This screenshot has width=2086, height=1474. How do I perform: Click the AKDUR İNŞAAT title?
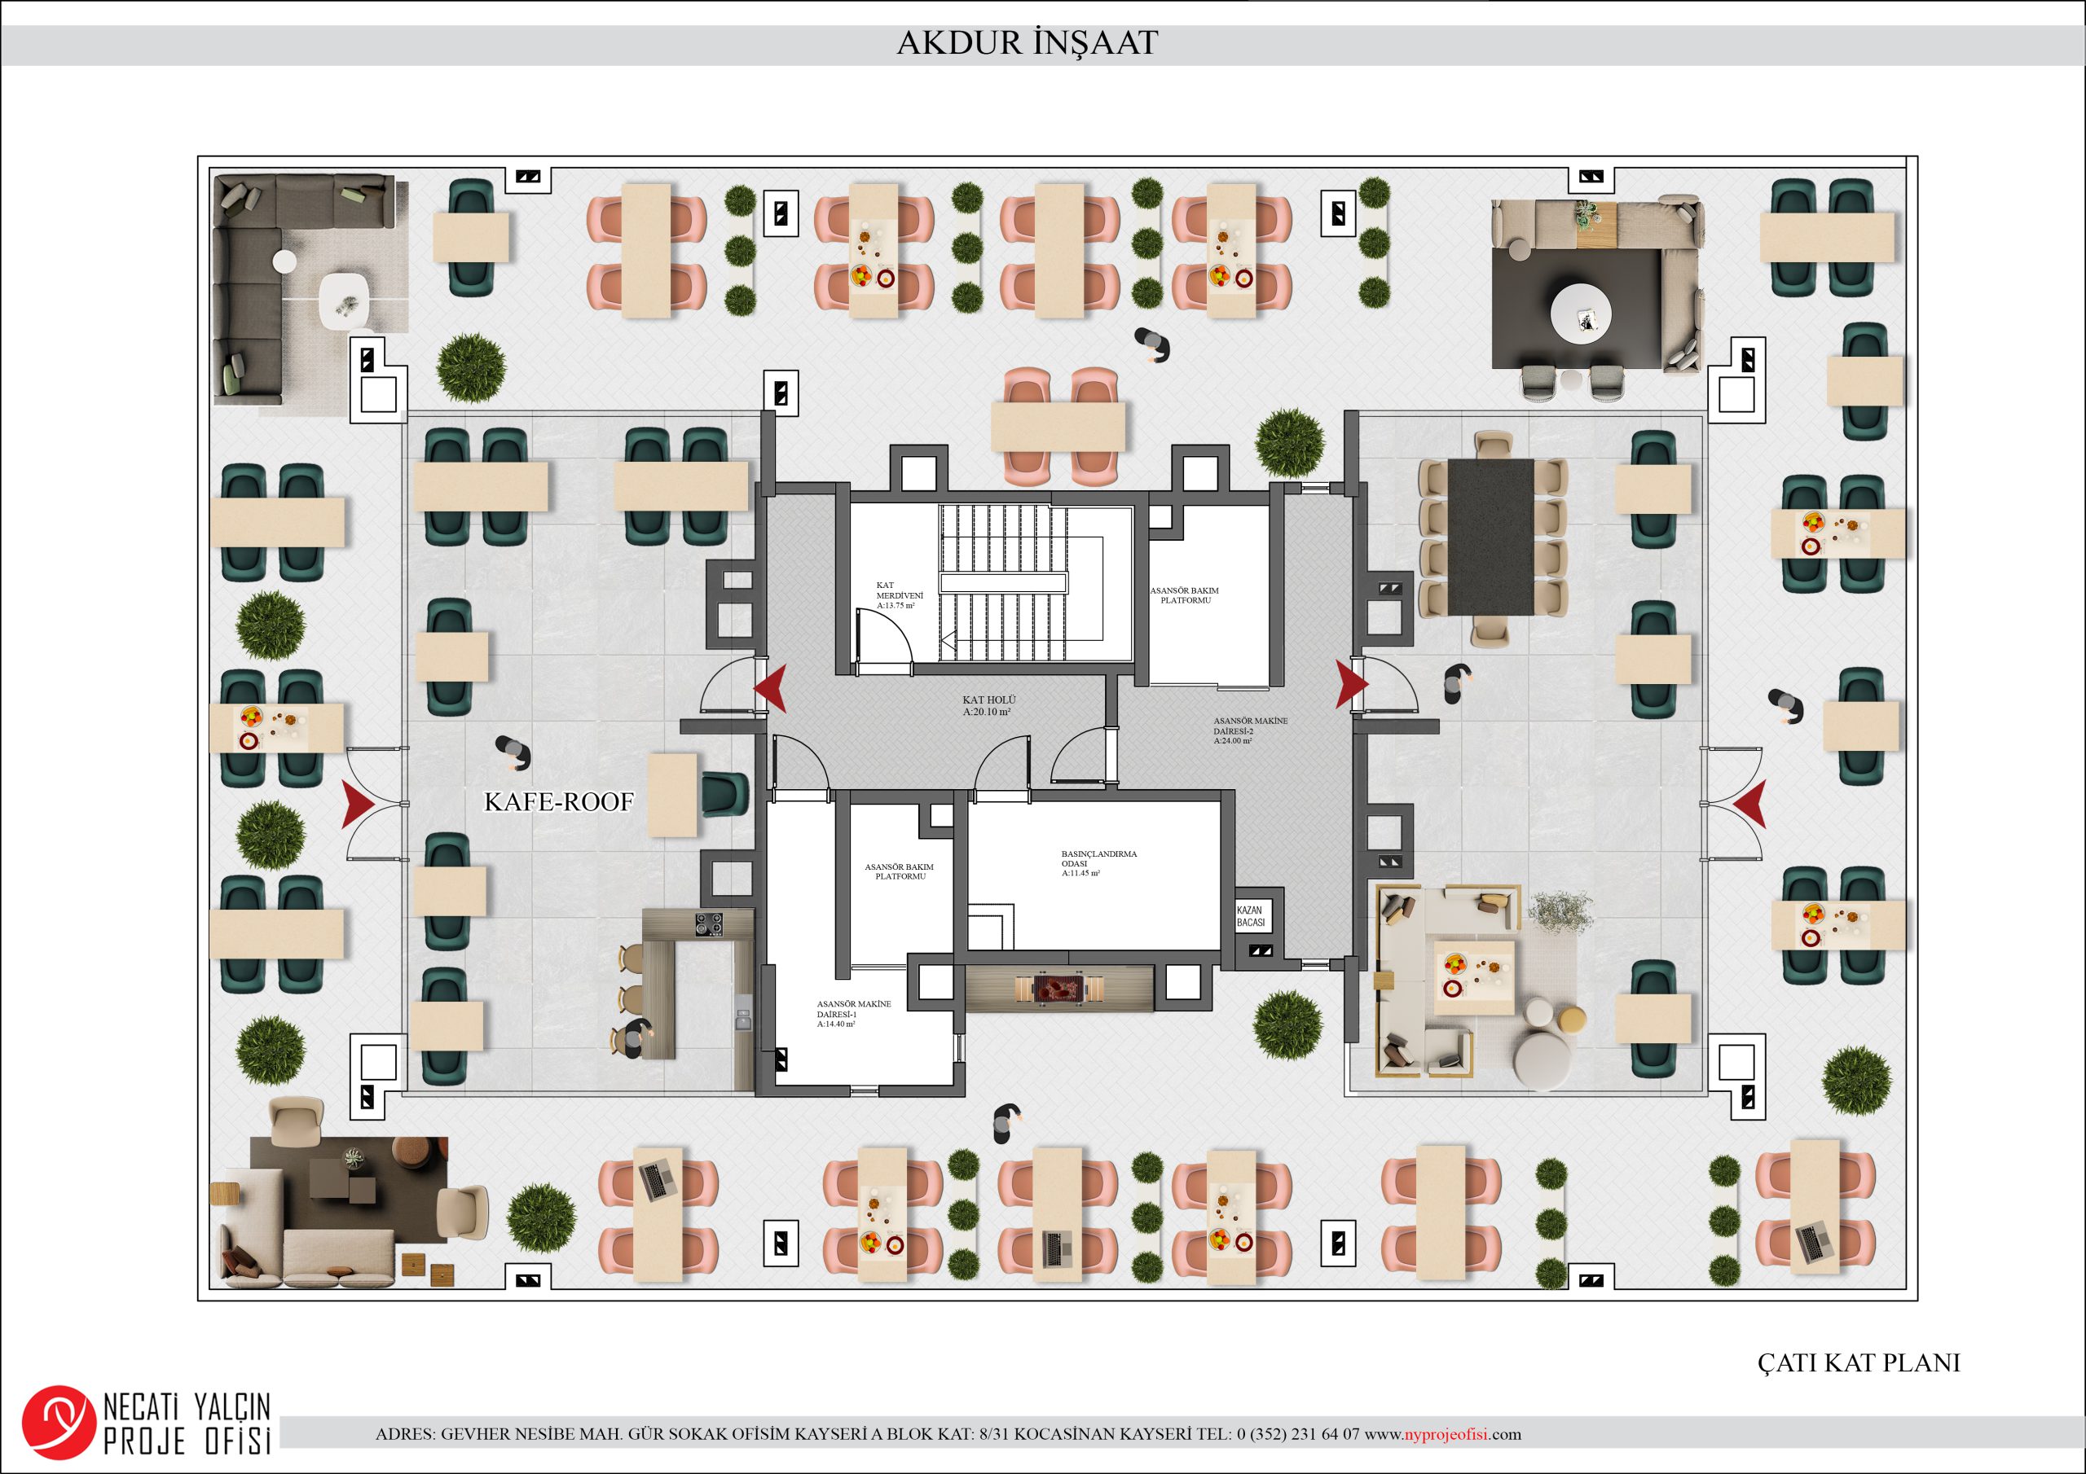[x=1027, y=42]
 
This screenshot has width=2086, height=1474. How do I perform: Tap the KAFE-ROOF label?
[x=559, y=802]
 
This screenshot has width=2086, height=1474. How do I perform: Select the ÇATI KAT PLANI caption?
[x=1859, y=1363]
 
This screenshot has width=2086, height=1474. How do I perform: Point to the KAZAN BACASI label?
[x=1250, y=916]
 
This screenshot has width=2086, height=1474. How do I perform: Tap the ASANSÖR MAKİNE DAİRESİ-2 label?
[x=1250, y=731]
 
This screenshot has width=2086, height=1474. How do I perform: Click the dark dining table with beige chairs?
[x=1491, y=536]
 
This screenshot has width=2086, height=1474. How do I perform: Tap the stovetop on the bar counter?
[x=709, y=923]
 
